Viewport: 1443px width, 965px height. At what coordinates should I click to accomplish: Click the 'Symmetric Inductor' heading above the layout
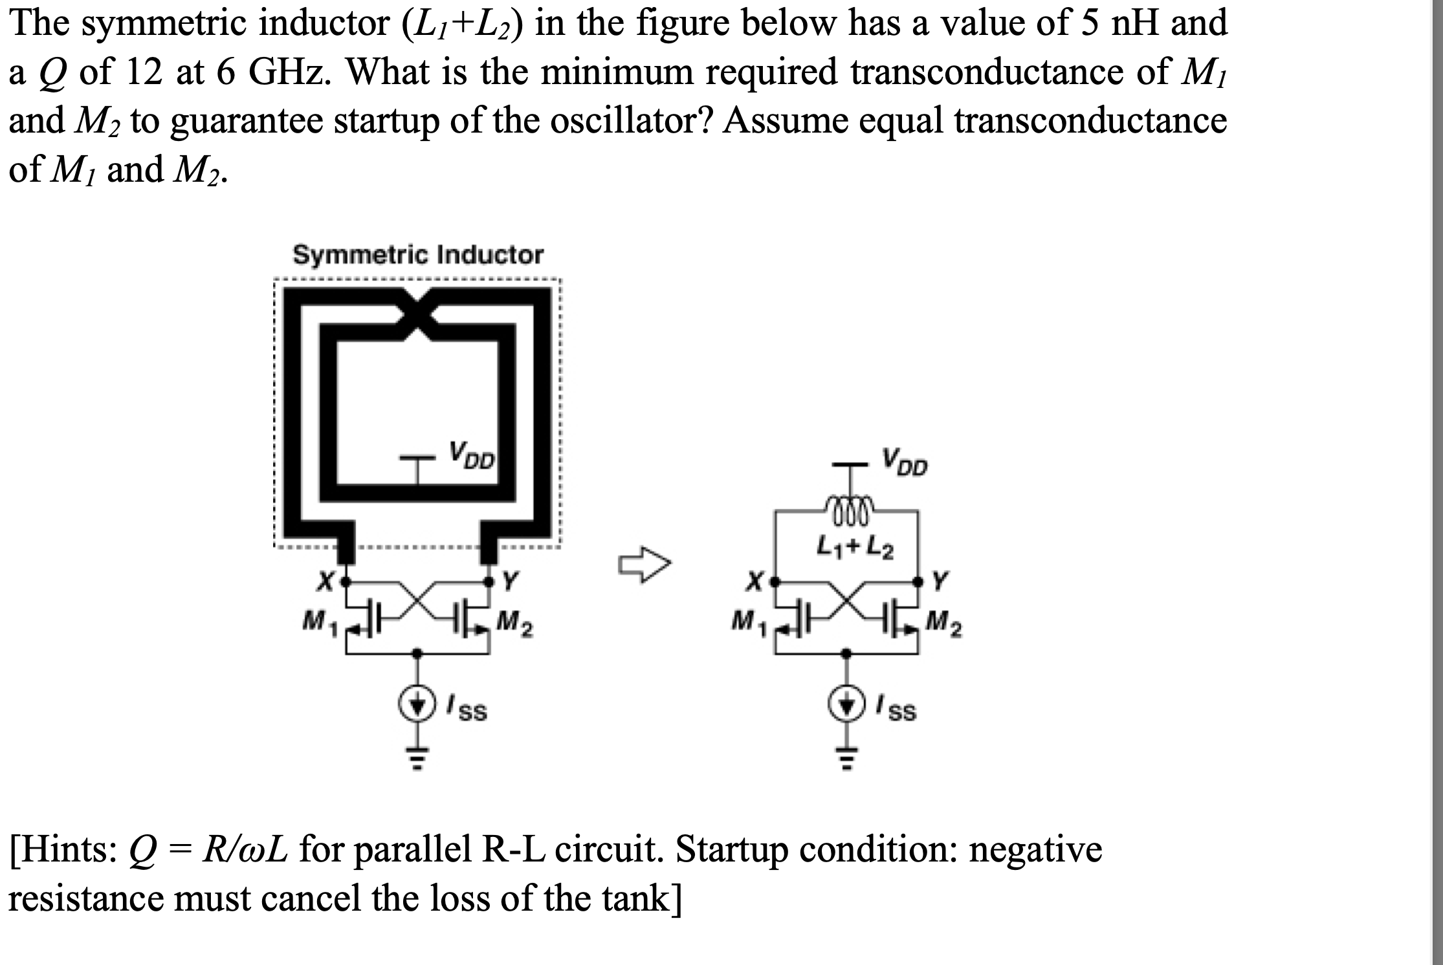(x=418, y=255)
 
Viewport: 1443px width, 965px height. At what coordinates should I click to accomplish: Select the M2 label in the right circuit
(x=943, y=624)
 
